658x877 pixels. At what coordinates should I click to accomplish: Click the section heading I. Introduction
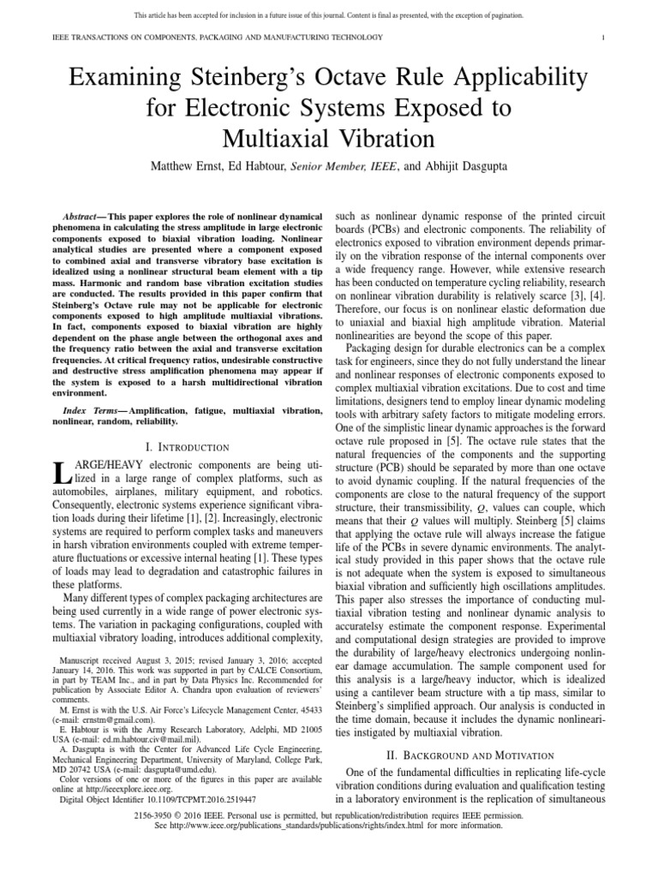click(188, 447)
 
